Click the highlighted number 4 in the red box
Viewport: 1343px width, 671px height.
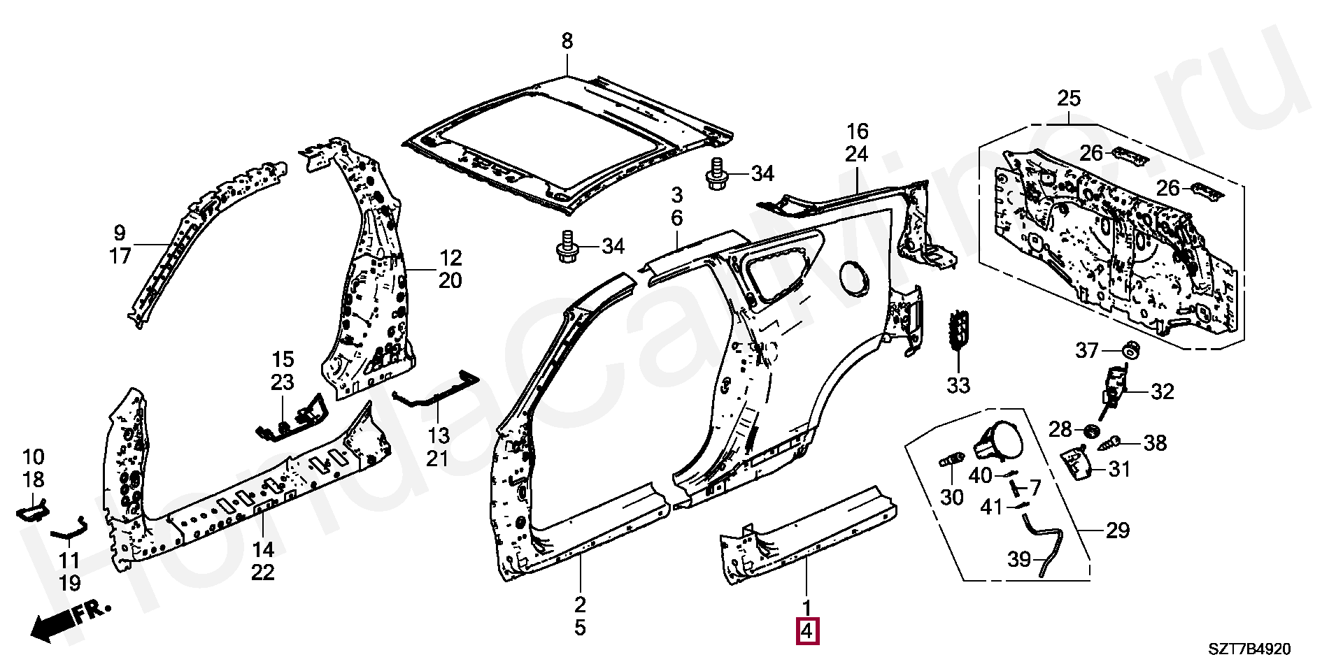click(x=806, y=631)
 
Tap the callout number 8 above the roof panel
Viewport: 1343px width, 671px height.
click(x=567, y=41)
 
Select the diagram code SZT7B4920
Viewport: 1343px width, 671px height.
click(x=1250, y=649)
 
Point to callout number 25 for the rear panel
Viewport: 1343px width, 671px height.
click(x=1069, y=99)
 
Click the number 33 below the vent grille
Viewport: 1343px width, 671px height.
click(x=958, y=384)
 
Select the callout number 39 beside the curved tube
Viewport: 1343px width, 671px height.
click(x=1020, y=560)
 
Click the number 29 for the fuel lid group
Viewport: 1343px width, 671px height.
click(x=1117, y=531)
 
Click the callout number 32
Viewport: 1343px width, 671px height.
click(x=1162, y=392)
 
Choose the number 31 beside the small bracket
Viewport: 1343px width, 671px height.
click(x=1119, y=469)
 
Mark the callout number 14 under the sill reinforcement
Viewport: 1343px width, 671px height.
click(x=263, y=550)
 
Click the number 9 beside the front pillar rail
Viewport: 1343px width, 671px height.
click(x=120, y=232)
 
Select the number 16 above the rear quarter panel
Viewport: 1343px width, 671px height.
click(x=857, y=131)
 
